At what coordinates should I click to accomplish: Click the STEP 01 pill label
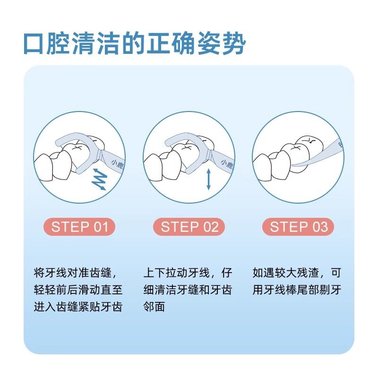pyautogui.click(x=79, y=227)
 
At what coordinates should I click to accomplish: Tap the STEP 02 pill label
pyautogui.click(x=189, y=227)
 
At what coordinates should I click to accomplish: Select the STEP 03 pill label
pyautogui.click(x=298, y=227)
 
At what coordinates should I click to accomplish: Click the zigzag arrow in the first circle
pyautogui.click(x=99, y=180)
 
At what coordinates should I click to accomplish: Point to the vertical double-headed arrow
pyautogui.click(x=208, y=180)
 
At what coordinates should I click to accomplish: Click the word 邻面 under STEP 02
pyautogui.click(x=154, y=306)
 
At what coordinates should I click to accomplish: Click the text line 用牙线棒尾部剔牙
pyautogui.click(x=297, y=290)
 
